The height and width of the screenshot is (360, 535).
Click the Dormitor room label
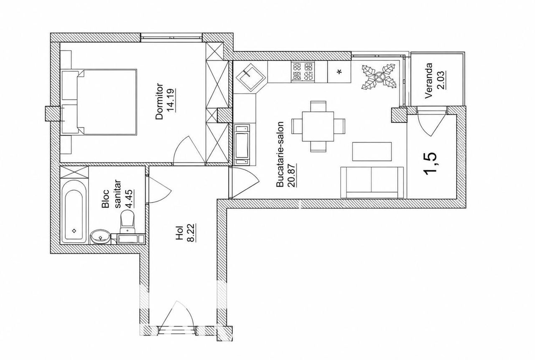coord(159,101)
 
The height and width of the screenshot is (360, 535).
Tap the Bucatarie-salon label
coord(280,154)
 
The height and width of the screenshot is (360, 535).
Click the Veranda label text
coord(429,81)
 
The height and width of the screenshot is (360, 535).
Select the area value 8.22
coord(192,233)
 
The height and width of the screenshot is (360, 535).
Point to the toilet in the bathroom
coord(127,222)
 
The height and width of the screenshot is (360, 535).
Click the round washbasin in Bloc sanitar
coord(100,236)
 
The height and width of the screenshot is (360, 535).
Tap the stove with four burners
coord(303,72)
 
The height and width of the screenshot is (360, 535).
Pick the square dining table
coord(318,127)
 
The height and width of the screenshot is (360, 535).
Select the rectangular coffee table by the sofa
coord(372,152)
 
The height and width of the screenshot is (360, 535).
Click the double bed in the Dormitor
coord(107,102)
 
